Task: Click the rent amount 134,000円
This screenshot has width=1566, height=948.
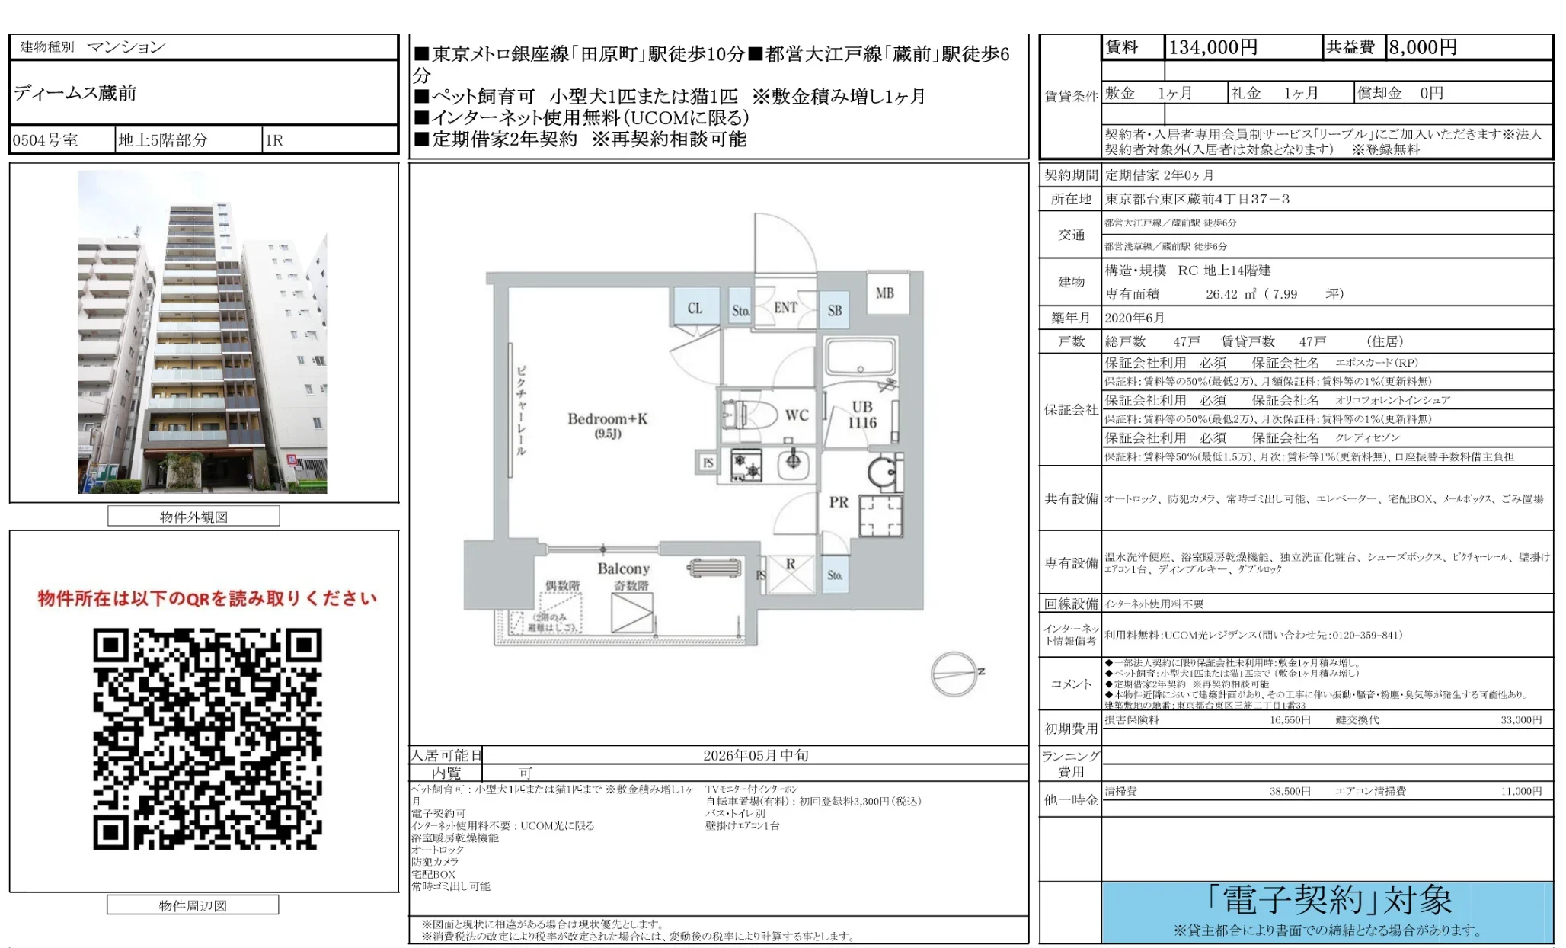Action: (x=1213, y=47)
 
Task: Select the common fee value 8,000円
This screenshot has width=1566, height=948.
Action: (x=1422, y=47)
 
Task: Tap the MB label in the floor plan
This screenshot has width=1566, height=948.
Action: (x=884, y=293)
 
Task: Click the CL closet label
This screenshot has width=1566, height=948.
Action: (x=695, y=309)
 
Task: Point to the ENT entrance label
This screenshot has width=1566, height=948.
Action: (x=785, y=308)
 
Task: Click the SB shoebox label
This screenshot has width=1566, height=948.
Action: (x=835, y=311)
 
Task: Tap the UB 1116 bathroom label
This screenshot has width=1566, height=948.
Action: (x=861, y=415)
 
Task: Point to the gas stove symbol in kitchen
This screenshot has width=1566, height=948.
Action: (x=746, y=466)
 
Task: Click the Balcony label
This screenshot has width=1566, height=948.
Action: (x=623, y=568)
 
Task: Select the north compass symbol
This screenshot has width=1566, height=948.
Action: (x=955, y=674)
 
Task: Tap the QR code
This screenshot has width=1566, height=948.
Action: (x=207, y=738)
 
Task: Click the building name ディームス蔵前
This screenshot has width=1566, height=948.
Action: (x=75, y=93)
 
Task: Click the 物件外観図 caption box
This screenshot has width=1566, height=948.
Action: (x=193, y=517)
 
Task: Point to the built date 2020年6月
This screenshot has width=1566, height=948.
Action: (x=1134, y=318)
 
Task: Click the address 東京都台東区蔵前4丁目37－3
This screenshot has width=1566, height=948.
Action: (x=1197, y=199)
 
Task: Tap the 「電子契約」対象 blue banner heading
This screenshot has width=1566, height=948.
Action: (x=1328, y=901)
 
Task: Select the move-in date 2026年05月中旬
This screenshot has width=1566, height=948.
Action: (x=755, y=755)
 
